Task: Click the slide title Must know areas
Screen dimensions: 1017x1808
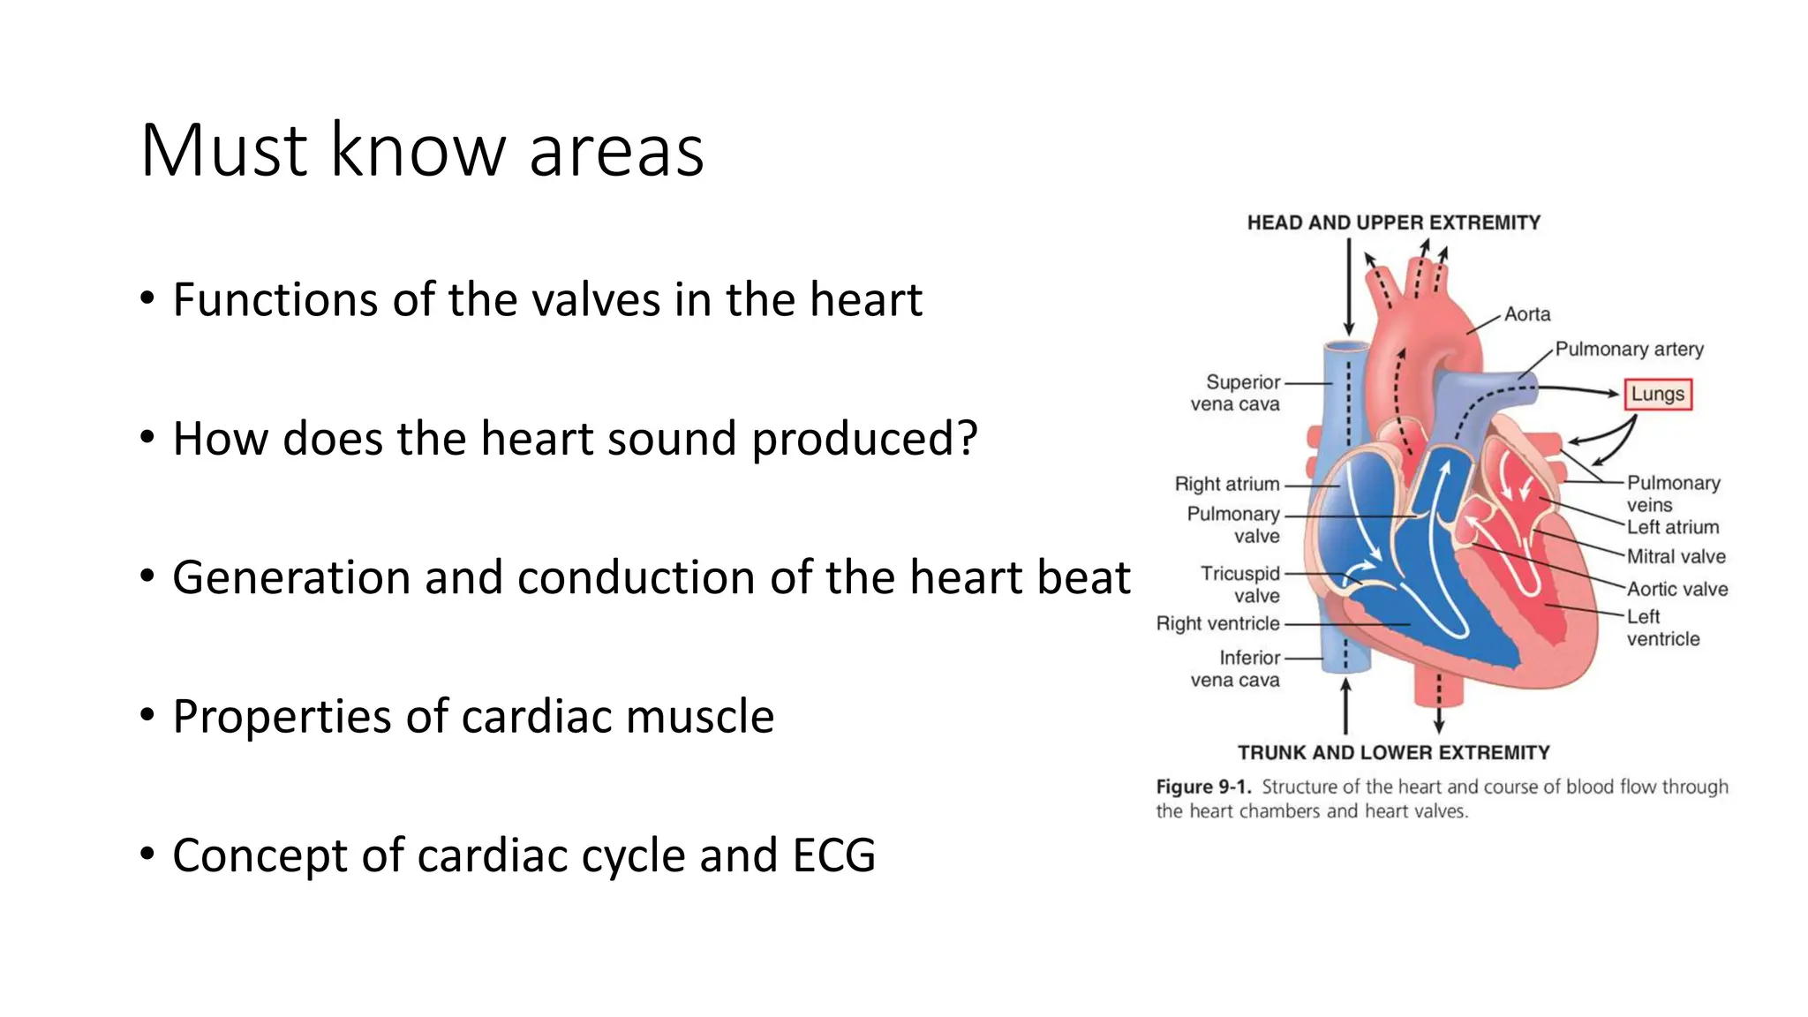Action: coord(422,150)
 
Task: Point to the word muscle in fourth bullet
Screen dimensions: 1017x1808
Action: coord(699,716)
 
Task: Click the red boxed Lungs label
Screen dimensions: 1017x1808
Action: coord(1657,394)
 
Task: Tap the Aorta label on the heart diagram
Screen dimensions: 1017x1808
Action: coord(1526,314)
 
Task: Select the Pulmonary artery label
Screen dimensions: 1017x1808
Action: coord(1629,349)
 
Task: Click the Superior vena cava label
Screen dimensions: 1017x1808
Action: coord(1236,393)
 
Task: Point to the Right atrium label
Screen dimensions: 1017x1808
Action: coord(1226,484)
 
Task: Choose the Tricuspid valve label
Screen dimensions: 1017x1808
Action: coord(1239,584)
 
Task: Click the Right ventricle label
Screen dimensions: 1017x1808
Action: coord(1217,623)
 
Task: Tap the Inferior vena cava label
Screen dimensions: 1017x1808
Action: coord(1236,668)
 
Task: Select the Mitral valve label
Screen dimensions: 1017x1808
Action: coord(1676,556)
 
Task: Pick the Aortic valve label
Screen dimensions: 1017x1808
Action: coord(1676,589)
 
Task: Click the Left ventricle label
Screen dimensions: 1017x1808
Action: coord(1662,628)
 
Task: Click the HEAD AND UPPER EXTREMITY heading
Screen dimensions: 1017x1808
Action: coord(1393,222)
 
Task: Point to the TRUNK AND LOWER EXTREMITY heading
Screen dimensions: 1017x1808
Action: coord(1393,752)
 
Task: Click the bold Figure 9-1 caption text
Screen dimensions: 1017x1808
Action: coord(1203,787)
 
